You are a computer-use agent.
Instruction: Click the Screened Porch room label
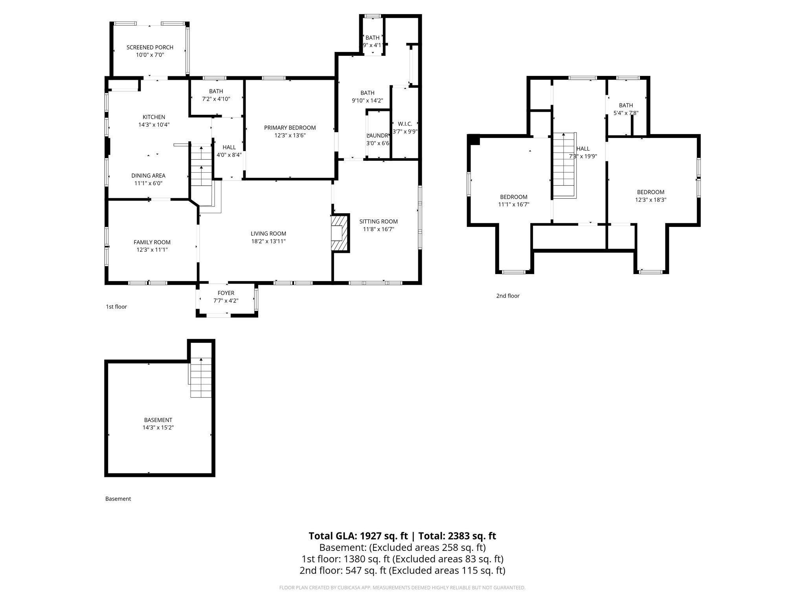coord(150,48)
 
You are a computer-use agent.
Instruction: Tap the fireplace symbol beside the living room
coord(340,232)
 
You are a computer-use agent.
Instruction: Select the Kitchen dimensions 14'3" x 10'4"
coord(154,125)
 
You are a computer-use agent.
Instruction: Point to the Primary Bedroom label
coord(290,128)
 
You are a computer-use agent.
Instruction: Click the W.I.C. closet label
coord(404,124)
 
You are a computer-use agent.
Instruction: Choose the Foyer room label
coord(226,293)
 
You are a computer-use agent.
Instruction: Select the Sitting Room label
coord(378,221)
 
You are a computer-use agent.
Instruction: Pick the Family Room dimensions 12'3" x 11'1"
coord(152,250)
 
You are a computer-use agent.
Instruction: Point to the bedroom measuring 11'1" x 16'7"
coord(513,201)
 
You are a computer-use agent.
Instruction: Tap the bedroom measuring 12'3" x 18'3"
coord(651,196)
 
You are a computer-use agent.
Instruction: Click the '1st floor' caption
coord(116,307)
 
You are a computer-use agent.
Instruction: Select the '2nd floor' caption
coord(508,296)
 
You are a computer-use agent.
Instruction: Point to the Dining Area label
coord(148,176)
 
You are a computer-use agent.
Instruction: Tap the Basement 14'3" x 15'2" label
coord(158,424)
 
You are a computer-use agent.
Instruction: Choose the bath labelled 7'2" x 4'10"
coord(216,95)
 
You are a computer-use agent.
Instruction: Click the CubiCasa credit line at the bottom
coord(402,587)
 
